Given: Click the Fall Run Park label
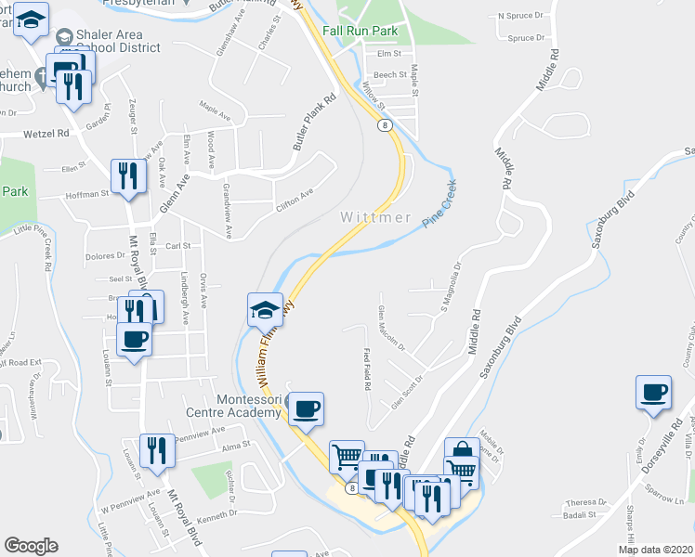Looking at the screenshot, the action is click(360, 31).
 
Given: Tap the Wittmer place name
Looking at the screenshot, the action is click(375, 217).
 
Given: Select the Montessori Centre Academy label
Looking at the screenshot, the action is click(248, 406).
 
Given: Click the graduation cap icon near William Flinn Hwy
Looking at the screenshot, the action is click(265, 310).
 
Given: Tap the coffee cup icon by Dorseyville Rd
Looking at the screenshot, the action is click(653, 392).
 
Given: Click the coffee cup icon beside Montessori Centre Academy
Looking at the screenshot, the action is click(307, 408).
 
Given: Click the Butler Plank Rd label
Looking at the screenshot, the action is click(313, 123).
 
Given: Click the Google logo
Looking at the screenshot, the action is click(31, 546).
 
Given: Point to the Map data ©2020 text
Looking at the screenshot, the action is click(654, 550).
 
